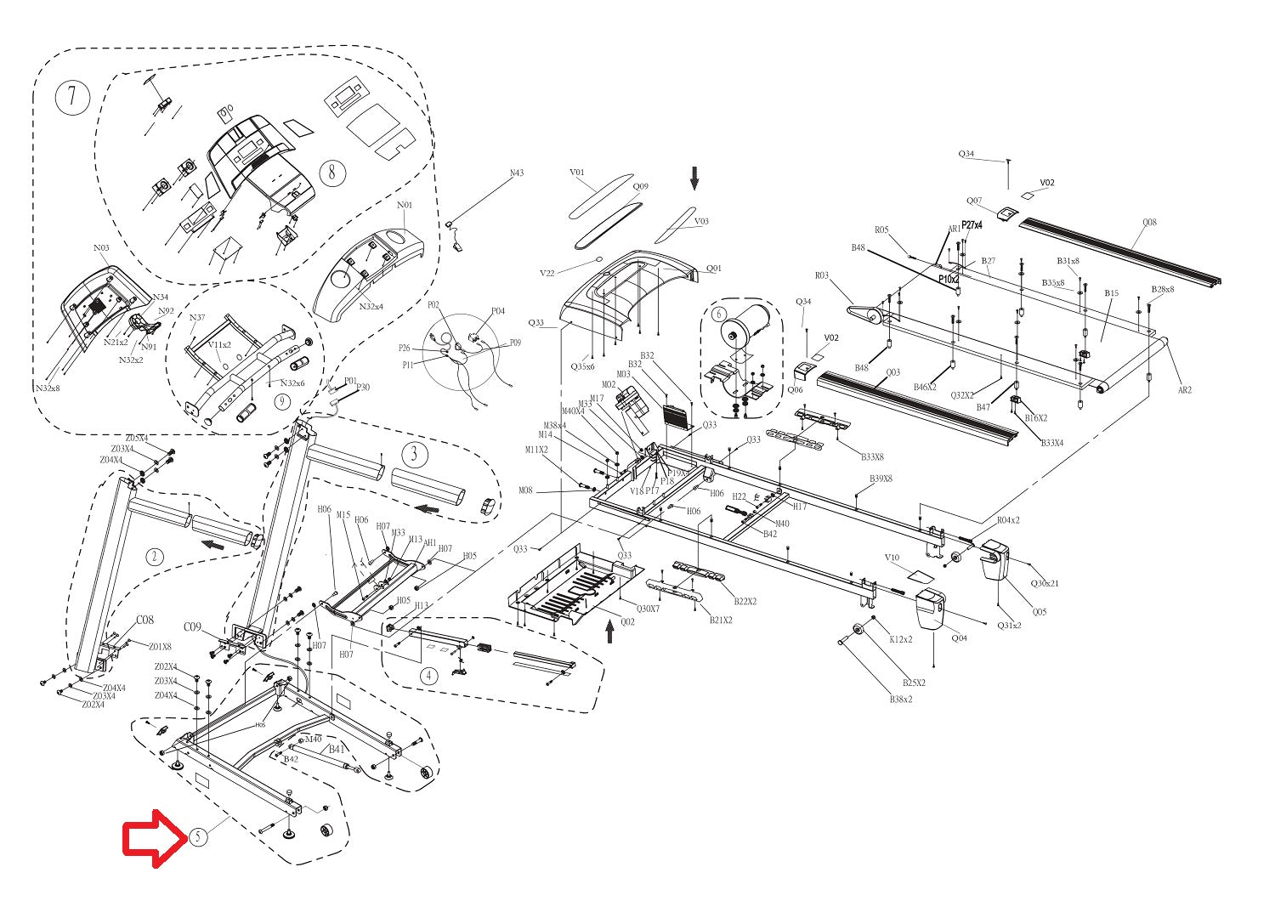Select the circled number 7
72,97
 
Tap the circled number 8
332,173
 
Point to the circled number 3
414,453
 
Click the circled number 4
429,676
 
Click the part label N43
517,173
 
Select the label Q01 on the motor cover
713,269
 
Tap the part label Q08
1149,223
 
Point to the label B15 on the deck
1111,293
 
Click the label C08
145,620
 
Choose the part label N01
405,205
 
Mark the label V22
547,273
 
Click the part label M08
526,490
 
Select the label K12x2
900,639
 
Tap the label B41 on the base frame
337,749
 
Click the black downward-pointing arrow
694,178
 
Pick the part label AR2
1184,390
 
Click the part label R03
821,275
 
